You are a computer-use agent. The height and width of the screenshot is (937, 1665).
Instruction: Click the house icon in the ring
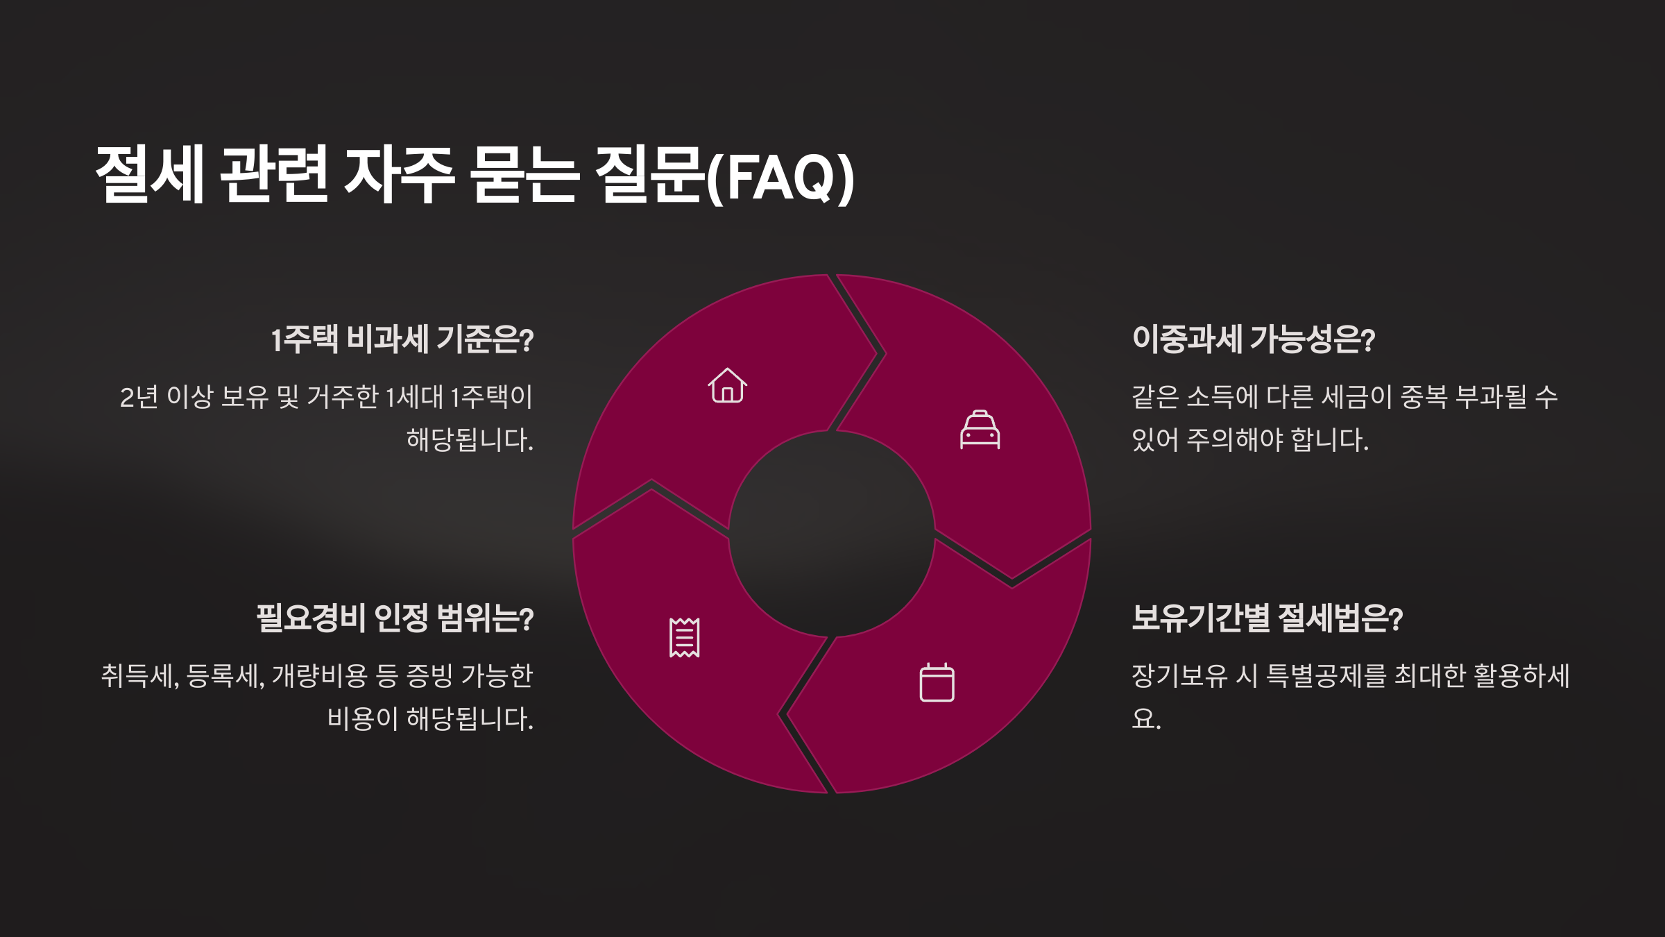727,386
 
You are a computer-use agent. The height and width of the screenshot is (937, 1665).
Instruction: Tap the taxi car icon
980,430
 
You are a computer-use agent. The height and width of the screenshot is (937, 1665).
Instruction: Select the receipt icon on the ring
684,637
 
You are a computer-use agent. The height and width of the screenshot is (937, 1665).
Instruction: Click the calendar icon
937,683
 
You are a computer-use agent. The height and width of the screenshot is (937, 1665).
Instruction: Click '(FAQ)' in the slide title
780,178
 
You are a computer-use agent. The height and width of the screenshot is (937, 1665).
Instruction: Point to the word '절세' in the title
149,175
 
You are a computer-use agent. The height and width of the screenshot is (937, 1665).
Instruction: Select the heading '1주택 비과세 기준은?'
402,340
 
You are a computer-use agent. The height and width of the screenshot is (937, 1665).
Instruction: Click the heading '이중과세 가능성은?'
1253,340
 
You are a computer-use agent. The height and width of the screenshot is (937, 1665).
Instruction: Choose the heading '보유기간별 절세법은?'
1267,618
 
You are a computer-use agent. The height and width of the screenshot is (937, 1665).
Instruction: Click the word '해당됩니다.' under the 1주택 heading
470,440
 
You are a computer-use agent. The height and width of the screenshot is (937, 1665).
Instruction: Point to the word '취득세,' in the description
140,676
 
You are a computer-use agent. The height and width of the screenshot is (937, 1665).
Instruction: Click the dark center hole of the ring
832,533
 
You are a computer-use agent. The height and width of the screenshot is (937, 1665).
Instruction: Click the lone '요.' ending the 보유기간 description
1146,719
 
